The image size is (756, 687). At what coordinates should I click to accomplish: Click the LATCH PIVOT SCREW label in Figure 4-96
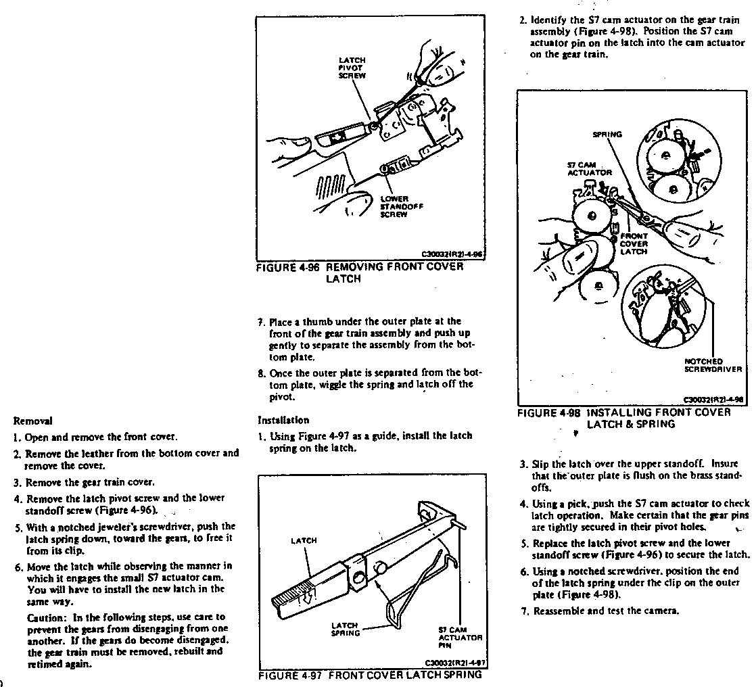pos(352,68)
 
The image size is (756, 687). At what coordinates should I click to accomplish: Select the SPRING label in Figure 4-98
pos(607,135)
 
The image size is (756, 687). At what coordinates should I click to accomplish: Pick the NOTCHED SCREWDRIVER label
pos(713,366)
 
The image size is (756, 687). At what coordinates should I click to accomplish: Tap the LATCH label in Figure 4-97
pos(304,541)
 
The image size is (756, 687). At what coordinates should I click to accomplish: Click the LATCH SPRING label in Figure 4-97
pos(345,629)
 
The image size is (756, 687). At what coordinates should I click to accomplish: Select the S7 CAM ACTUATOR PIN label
pos(460,638)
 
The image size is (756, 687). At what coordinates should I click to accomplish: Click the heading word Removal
pos(38,421)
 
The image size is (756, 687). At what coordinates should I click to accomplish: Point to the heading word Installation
pos(283,420)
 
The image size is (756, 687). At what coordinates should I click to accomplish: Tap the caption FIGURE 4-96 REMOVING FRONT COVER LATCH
pos(360,272)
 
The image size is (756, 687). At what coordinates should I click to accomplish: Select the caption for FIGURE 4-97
pos(370,675)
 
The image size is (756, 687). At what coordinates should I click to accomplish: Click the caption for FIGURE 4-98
pos(623,418)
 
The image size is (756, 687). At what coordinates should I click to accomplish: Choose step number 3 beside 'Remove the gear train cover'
pos(17,482)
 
